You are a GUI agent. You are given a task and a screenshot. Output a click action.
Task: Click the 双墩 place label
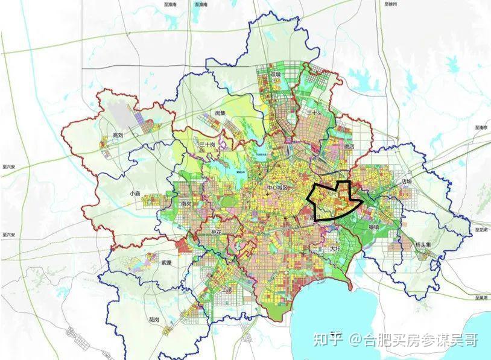point(276,75)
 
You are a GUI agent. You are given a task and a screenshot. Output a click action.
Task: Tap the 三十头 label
point(314,113)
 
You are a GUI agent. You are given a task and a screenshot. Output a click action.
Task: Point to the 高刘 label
point(118,136)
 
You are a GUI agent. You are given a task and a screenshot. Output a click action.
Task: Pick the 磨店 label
point(348,147)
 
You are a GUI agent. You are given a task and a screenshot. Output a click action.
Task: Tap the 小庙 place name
point(135,194)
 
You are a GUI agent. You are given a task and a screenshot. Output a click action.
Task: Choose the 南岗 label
point(187,204)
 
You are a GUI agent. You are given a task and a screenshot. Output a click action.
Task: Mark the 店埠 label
point(406,181)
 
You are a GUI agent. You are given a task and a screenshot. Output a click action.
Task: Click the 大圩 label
point(335,248)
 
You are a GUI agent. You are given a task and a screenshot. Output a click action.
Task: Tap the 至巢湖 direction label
point(481,298)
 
